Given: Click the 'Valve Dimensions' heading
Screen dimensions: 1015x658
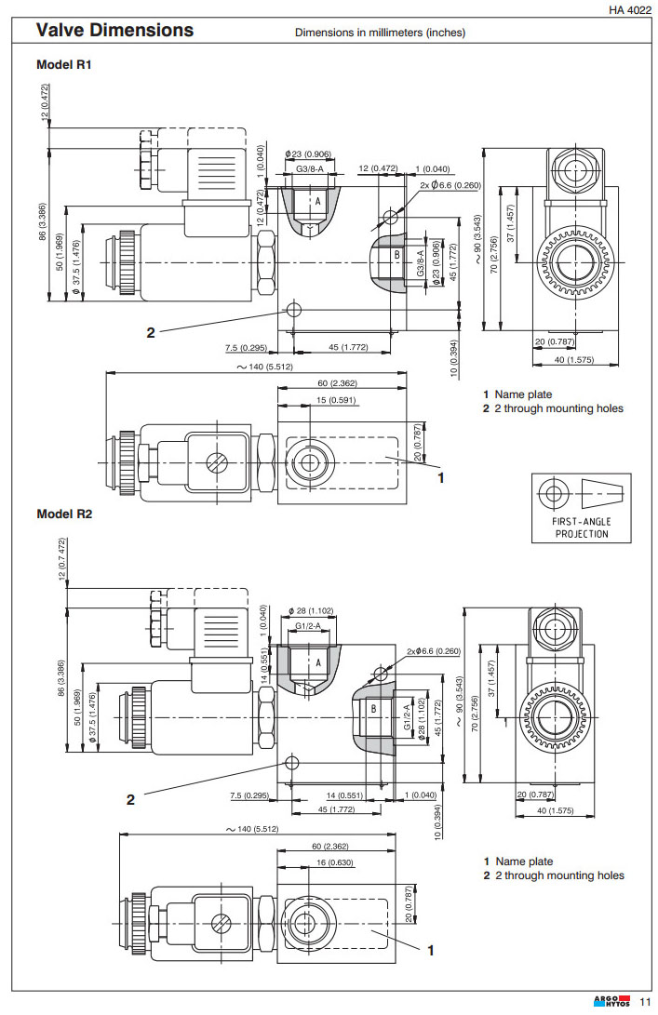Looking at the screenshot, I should pos(114,31).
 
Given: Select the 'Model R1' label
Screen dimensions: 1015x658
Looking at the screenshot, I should pos(63,65).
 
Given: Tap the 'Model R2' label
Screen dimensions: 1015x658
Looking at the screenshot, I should pos(64,514).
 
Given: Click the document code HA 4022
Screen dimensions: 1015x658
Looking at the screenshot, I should pos(629,9).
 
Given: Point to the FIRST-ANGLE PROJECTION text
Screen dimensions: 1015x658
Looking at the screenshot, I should pos(582,528).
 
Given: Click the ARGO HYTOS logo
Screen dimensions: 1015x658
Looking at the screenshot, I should pos(611,1001).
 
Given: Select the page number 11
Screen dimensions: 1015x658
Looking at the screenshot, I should pos(645,1002).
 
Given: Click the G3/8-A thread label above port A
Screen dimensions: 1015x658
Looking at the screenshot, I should pos(309,167).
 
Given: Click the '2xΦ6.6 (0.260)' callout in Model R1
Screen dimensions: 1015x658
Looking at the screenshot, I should pos(450,185).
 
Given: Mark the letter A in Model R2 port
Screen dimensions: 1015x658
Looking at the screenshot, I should pos(318,662).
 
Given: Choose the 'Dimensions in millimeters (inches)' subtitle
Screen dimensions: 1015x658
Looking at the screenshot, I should pos(380,33).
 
